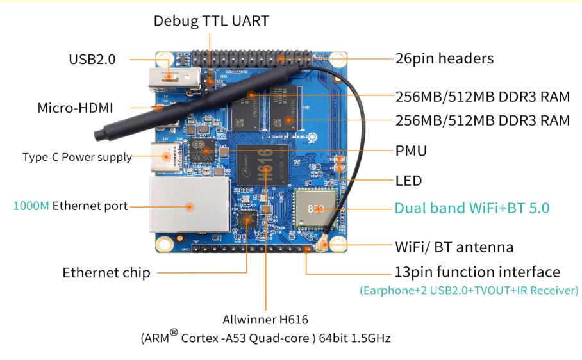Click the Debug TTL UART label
pos(211,20)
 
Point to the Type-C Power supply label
pos(77,157)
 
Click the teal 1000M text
pos(31,206)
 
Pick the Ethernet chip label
pos(106,273)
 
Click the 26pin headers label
pos(444,58)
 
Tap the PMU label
pos(411,151)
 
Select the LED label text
pos(408,181)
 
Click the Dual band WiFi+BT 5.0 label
pos(472,208)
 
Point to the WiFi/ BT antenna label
pos(454,246)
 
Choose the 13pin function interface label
pos(477,272)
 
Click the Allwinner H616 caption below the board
pos(265,319)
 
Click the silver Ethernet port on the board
pos(188,206)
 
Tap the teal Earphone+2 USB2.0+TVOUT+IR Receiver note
pos(469,291)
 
